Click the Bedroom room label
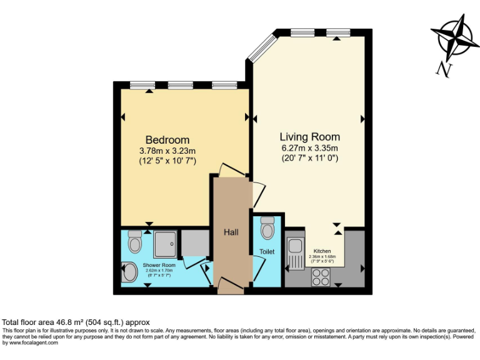pyautogui.click(x=167, y=139)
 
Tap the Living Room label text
pyautogui.click(x=309, y=137)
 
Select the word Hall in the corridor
pyautogui.click(x=231, y=232)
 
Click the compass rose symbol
pyautogui.click(x=454, y=37)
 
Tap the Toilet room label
pyautogui.click(x=267, y=252)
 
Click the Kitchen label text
pyautogui.click(x=322, y=251)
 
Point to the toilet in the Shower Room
pyautogui.click(x=134, y=240)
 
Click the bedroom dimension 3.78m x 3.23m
pyautogui.click(x=167, y=151)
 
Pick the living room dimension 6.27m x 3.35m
pyautogui.click(x=309, y=148)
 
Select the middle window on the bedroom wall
pyautogui.click(x=180, y=84)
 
